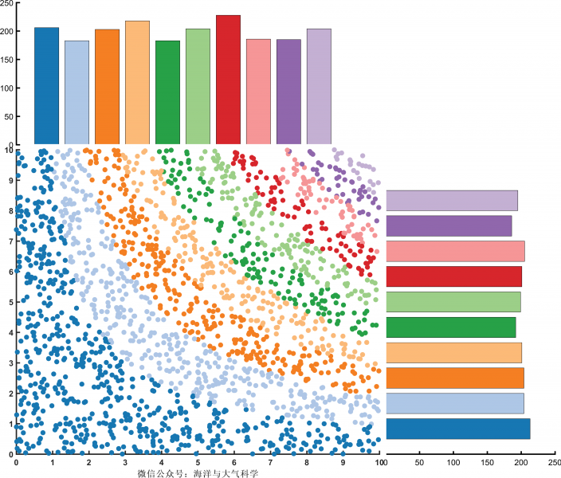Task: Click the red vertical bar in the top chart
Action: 228,80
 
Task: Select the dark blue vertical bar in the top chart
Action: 46,86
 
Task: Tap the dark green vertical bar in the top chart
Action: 167,92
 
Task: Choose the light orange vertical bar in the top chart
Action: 137,82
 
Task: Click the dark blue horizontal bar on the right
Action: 457,429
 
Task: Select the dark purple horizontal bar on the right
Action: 449,225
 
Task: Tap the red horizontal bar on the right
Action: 453,276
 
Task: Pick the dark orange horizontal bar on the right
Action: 455,378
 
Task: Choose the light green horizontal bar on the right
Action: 453,302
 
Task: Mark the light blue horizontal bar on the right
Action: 455,403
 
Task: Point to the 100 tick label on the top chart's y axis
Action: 6,88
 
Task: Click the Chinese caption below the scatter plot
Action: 198,473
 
